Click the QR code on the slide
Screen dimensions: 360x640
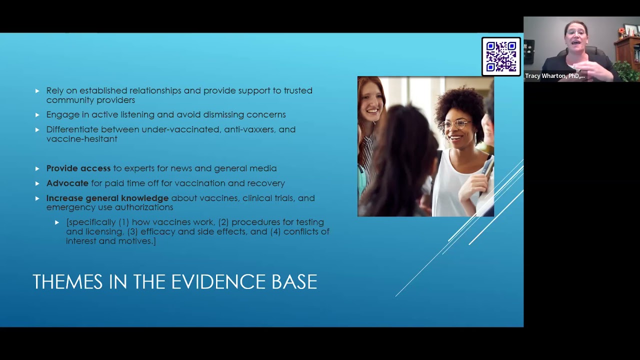coord(501,56)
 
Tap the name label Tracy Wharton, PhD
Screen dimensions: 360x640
coord(554,76)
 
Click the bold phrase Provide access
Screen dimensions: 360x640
coord(78,168)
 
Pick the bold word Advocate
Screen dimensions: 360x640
coord(67,183)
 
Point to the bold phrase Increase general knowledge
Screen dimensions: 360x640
coord(107,198)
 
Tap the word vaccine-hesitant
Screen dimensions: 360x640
coord(81,139)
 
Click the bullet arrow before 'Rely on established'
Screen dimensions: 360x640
coord(37,91)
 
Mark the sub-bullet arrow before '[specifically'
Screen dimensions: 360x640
coord(57,222)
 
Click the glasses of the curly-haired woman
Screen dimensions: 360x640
coord(455,123)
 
